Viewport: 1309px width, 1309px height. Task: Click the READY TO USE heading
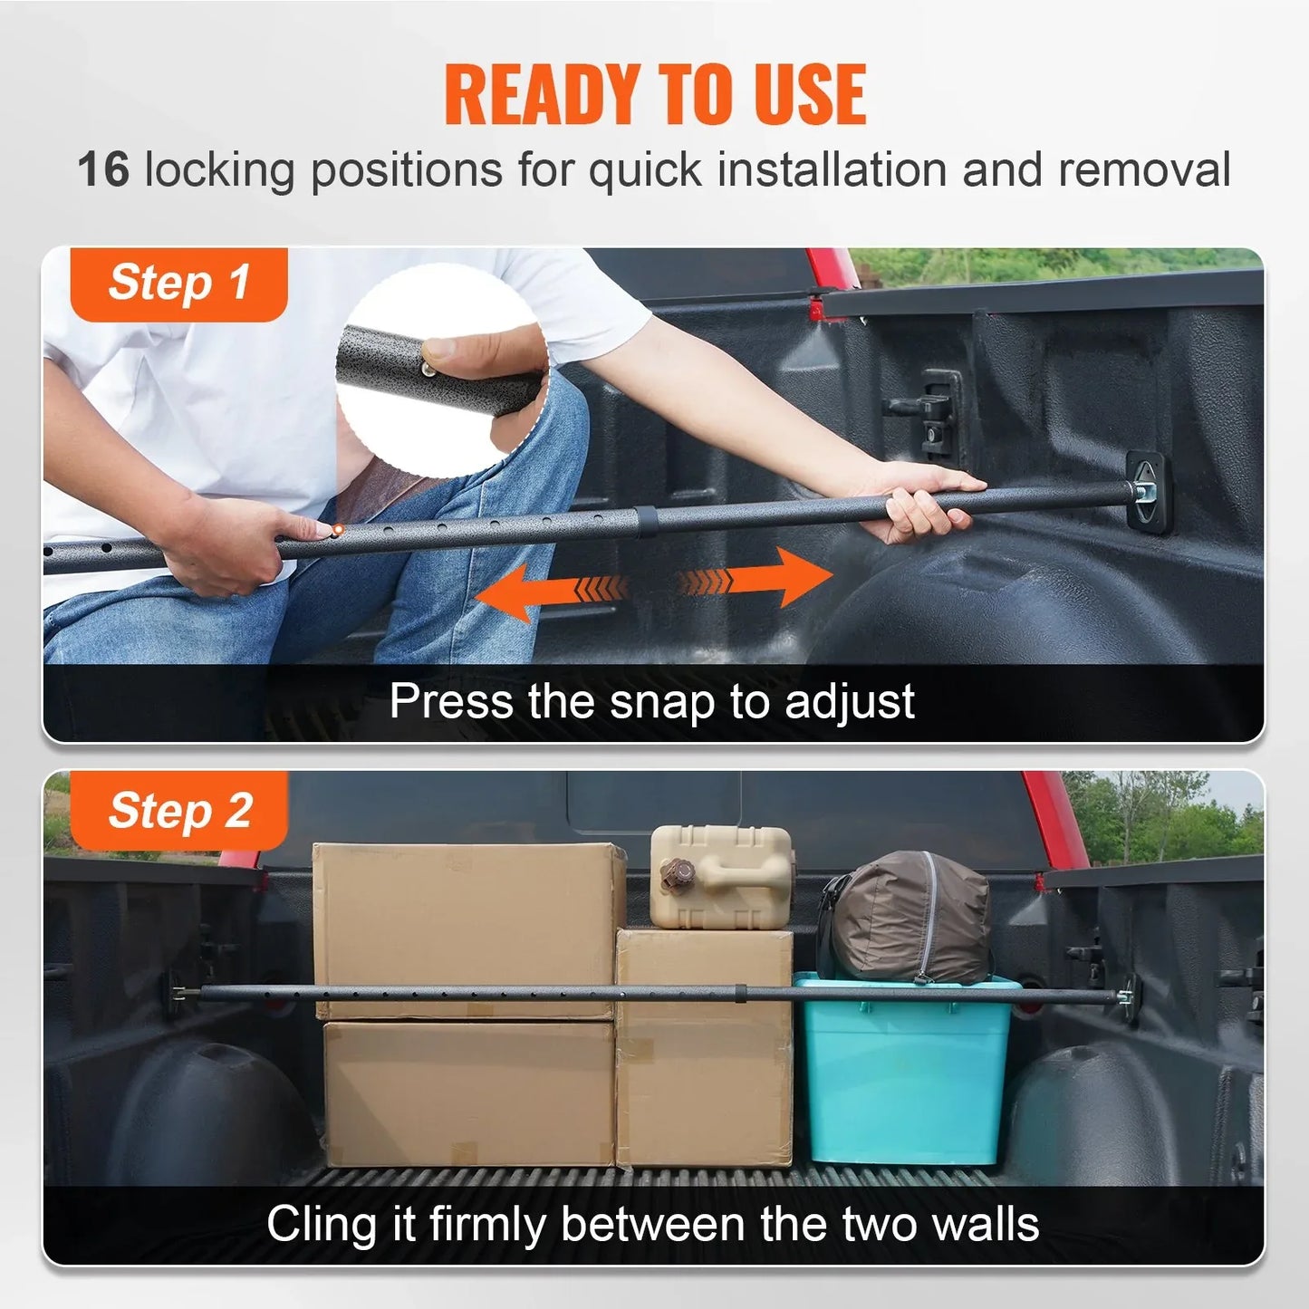click(x=654, y=95)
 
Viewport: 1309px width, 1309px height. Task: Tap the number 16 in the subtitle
click(x=103, y=169)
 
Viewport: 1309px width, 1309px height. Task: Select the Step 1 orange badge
click(x=178, y=283)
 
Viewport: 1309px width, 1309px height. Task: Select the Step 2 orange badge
click(x=178, y=810)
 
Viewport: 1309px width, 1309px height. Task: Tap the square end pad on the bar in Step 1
click(x=1147, y=494)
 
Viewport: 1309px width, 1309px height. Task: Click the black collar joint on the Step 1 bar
click(x=645, y=522)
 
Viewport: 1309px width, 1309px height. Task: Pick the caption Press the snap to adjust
click(x=652, y=701)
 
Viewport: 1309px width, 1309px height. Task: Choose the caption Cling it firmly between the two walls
click(x=652, y=1225)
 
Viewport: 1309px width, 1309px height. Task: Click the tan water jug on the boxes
click(x=721, y=876)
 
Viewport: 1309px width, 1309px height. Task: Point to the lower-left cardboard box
click(x=468, y=1092)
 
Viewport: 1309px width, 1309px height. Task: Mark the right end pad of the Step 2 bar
click(x=1128, y=997)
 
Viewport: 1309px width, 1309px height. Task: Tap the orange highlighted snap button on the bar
click(x=337, y=529)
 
